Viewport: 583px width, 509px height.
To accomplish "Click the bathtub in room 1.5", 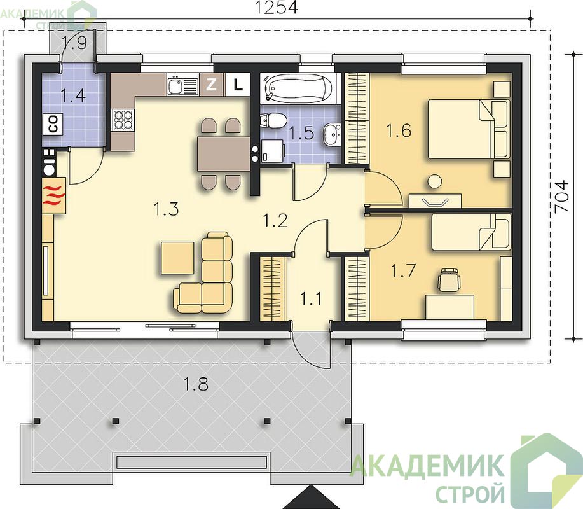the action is point(299,88).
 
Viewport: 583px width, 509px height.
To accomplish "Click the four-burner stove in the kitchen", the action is point(123,120).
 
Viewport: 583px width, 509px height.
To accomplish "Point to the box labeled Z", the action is point(211,85).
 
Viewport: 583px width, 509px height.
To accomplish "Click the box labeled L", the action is point(238,85).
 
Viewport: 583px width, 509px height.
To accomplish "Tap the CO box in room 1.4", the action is point(53,124).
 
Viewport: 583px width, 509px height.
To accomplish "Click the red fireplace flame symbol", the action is point(54,195).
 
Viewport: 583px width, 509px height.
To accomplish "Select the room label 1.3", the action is point(166,209).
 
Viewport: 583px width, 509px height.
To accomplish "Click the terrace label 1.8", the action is point(196,384).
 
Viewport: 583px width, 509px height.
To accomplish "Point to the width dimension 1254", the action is point(277,7).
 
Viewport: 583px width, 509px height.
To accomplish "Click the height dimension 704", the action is point(561,197).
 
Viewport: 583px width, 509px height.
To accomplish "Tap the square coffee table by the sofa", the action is point(178,258).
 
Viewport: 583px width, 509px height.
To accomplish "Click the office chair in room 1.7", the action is point(449,279).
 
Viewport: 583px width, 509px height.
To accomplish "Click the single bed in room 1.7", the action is point(471,232).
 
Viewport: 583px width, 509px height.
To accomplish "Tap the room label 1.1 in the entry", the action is point(311,298).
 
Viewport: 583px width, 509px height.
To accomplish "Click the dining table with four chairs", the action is point(223,154).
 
